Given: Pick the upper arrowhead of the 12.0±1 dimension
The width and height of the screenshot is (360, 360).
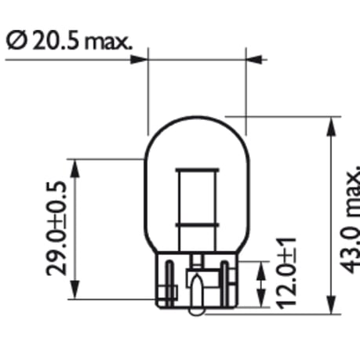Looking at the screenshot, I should pos(260,268).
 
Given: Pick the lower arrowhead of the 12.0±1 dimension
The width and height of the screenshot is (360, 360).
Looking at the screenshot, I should pos(260,294).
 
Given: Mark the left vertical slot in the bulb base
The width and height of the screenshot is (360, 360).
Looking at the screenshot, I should pos(167,282).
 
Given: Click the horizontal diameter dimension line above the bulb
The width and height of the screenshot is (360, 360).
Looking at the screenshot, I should pos(196,56).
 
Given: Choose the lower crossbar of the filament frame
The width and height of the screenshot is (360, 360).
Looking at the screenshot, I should pos(196,226).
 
